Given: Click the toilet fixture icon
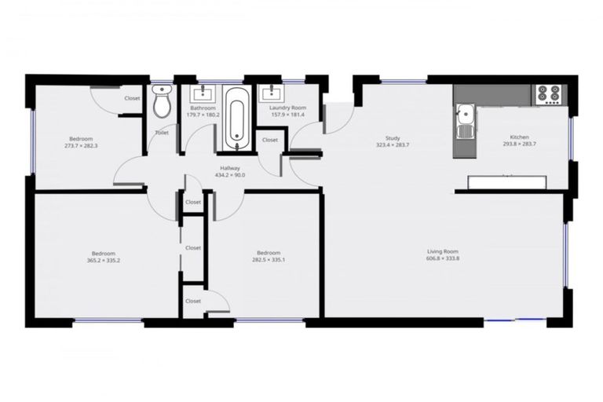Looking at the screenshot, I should pos(162,101).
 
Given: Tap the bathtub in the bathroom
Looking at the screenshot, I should pos(236,119).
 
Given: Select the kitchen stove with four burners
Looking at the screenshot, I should pos(548,94).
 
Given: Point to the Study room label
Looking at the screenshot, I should pos(393,138).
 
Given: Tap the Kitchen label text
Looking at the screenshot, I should pos(519,137).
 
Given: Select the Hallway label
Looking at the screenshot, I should pos(230,168).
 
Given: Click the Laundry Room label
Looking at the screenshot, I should pos(288,108).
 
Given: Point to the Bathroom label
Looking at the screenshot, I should pos(203,108).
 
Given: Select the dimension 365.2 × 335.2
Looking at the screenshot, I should pos(104,261).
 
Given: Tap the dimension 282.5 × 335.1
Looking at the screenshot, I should pos(268,261).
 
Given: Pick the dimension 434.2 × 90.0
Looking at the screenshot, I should pos(230,175).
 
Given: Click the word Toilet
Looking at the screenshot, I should pos(162,133).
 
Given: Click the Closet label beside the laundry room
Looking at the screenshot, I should pos(270,140).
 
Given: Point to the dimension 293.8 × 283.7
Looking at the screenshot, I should pos(519,144).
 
